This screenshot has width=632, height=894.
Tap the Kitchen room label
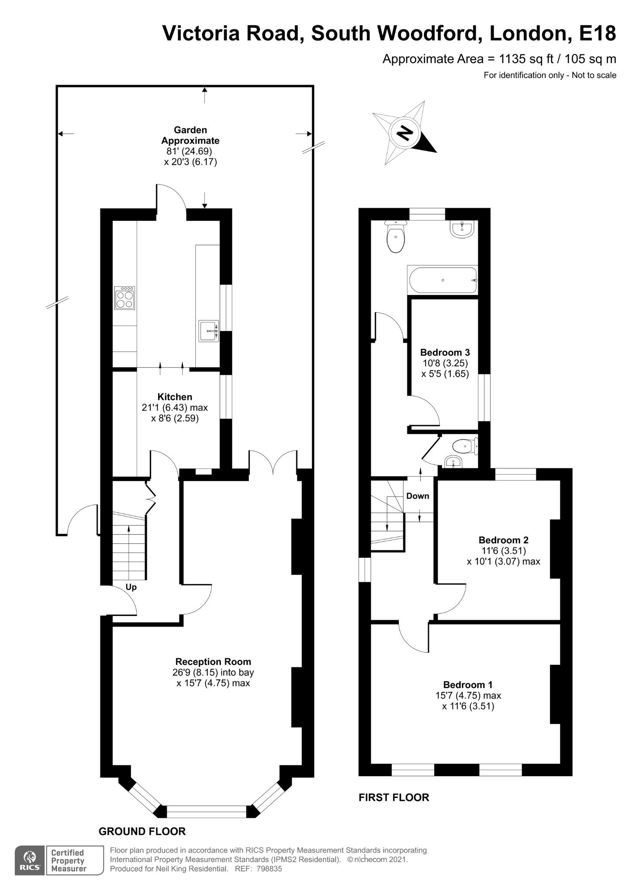click(175, 397)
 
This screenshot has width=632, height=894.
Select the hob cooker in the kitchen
click(124, 298)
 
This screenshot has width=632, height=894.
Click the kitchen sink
click(208, 330)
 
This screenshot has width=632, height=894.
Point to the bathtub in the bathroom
click(442, 280)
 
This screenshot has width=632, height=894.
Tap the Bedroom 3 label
click(445, 352)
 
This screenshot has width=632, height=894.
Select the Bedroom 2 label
click(503, 540)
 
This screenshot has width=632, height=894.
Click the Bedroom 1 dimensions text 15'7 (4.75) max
click(468, 695)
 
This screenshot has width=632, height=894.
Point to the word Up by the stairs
click(131, 587)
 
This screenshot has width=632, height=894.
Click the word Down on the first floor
click(418, 496)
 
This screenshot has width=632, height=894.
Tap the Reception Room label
click(213, 661)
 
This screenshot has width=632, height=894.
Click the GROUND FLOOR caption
click(142, 831)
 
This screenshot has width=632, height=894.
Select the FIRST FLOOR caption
click(394, 798)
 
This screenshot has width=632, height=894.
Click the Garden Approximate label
click(190, 135)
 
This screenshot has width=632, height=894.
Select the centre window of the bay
click(207, 811)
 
